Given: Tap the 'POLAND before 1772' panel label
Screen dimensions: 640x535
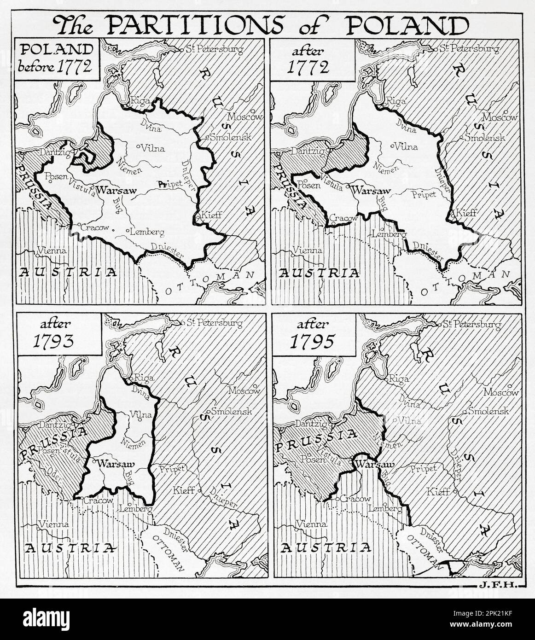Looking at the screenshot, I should [x=56, y=60].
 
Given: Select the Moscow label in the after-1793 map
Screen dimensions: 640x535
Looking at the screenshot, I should [x=244, y=391].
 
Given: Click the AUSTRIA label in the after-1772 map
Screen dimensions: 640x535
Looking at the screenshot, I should [x=319, y=273].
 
